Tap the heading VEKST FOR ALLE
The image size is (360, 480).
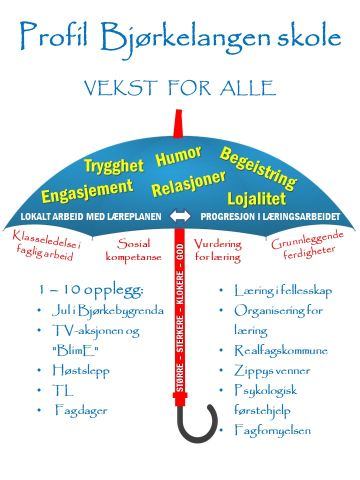[180, 88]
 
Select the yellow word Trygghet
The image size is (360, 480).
[114, 166]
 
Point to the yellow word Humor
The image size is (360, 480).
[179, 156]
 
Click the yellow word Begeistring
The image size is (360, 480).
[258, 168]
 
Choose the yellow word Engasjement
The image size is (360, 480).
[87, 190]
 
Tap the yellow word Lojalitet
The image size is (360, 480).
[256, 199]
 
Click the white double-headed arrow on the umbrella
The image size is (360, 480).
[180, 215]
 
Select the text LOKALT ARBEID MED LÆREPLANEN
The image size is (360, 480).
[91, 216]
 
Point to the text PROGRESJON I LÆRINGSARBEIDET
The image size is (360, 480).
[270, 216]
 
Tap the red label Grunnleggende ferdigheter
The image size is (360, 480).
[307, 245]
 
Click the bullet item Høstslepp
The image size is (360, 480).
[81, 371]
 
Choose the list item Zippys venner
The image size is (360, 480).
[272, 371]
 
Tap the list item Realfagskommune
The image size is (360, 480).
[280, 351]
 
